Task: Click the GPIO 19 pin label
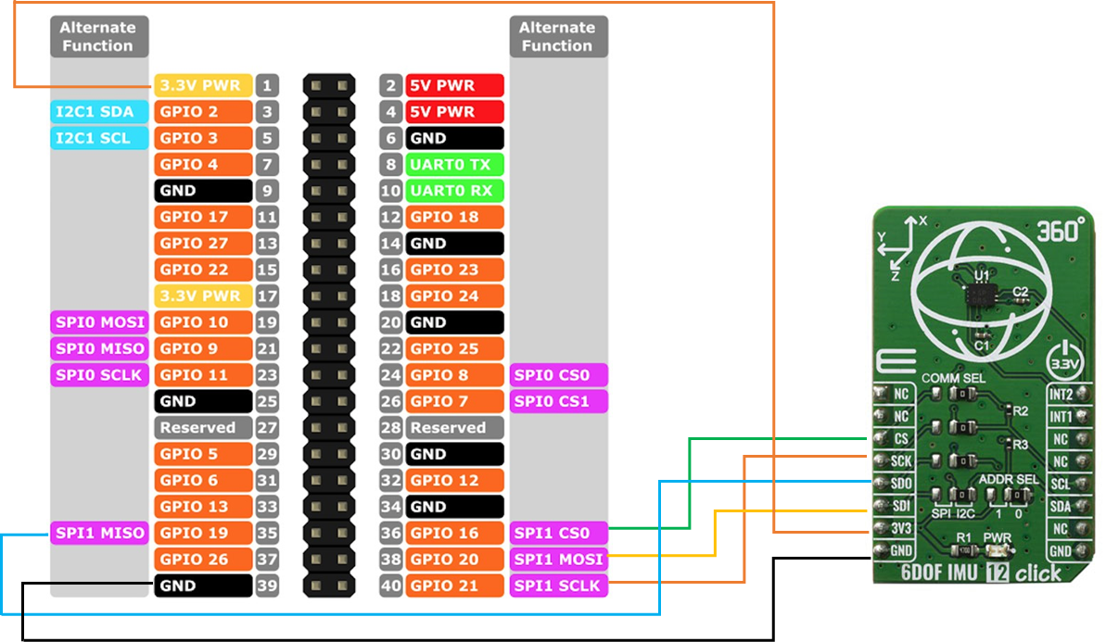[x=202, y=533]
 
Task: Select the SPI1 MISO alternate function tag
[x=98, y=533]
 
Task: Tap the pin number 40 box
[x=390, y=585]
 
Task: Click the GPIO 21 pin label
[x=454, y=585]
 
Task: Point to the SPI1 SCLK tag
[x=558, y=585]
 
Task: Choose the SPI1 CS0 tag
[x=558, y=533]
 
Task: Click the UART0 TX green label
[x=454, y=164]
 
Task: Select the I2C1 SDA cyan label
[x=98, y=112]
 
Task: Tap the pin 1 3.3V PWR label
[x=202, y=85]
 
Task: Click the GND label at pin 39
[x=202, y=585]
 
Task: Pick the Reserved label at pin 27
[x=202, y=428]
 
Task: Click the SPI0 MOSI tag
[x=98, y=322]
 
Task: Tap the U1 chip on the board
[x=979, y=296]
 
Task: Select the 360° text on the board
[x=1061, y=232]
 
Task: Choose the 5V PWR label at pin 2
[x=454, y=85]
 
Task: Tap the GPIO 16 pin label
[x=454, y=533]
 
